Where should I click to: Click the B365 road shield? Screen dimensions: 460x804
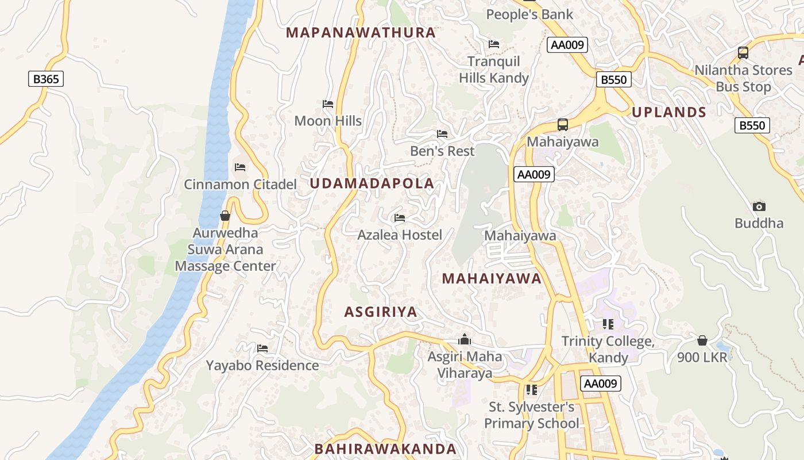46,79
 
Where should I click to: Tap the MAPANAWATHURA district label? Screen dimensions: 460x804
361,33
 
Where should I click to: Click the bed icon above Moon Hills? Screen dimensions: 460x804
328,104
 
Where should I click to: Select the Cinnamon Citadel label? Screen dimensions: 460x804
240,185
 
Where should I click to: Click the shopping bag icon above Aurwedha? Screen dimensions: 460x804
225,216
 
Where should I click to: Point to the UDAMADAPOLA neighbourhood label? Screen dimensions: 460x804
372,183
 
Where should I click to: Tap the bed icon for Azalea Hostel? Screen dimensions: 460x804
400,218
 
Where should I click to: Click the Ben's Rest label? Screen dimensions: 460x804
442,151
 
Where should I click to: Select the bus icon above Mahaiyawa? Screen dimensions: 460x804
563,125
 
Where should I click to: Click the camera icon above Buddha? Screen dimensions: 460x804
759,206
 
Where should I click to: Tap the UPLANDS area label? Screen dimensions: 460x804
669,112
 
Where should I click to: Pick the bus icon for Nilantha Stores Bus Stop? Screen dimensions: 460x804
743,53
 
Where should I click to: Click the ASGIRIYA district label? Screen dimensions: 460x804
381,312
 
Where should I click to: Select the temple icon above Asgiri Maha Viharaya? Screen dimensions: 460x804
465,340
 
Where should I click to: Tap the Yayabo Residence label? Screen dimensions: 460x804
262,365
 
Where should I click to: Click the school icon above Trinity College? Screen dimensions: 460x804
608,324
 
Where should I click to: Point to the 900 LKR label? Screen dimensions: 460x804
702,357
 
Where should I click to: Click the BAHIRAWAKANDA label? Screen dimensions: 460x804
385,449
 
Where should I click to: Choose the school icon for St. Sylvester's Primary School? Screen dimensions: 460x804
531,390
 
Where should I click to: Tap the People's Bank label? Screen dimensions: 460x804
529,14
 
